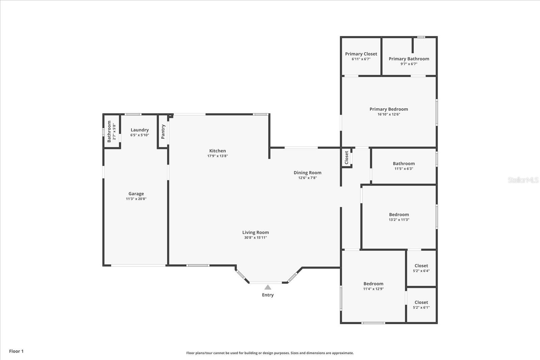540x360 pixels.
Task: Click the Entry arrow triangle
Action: [x=268, y=287]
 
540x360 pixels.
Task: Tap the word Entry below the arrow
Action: [x=268, y=295]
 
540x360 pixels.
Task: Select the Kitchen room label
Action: [x=217, y=151]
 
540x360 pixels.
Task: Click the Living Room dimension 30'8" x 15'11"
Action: [x=255, y=238]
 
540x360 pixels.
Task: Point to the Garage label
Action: [x=136, y=194]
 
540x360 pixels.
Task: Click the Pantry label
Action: [x=163, y=132]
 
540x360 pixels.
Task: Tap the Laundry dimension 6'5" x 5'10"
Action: [x=139, y=135]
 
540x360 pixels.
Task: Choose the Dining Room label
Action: [x=307, y=173]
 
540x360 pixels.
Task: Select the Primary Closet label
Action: [x=361, y=54]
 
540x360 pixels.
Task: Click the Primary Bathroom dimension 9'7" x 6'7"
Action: [x=409, y=64]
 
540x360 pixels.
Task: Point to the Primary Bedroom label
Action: [x=388, y=109]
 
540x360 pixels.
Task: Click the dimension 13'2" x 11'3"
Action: [x=399, y=220]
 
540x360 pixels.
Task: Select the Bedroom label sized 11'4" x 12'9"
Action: [x=373, y=284]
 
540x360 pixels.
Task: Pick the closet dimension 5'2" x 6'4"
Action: [x=421, y=271]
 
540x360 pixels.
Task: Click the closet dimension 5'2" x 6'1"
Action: [x=421, y=307]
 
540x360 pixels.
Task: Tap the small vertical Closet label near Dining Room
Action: [x=346, y=158]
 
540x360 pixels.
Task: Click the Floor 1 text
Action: [x=16, y=351]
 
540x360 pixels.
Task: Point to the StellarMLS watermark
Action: [x=523, y=180]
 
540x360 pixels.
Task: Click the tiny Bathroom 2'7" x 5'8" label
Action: [x=109, y=132]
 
